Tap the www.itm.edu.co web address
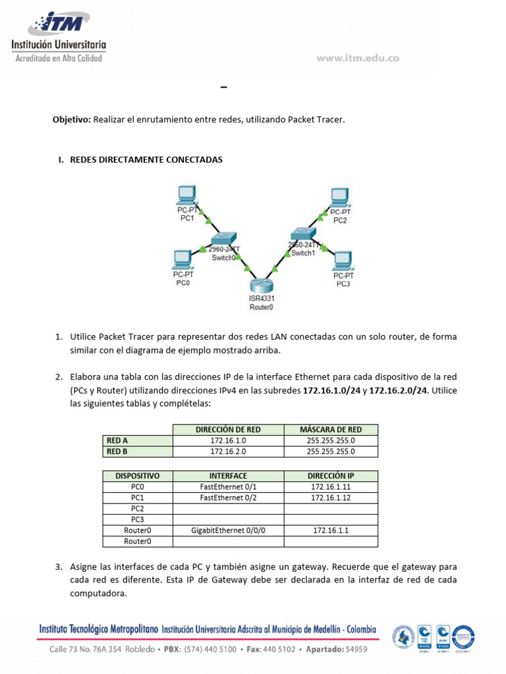[358, 58]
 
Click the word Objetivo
[71, 120]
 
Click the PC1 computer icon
[187, 195]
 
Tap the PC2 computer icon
[340, 197]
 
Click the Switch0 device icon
[224, 240]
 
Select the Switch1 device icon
[304, 234]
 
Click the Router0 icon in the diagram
[262, 284]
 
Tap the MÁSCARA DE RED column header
[331, 430]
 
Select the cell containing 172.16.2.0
[228, 452]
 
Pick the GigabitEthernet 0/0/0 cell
[228, 530]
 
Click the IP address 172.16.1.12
[331, 498]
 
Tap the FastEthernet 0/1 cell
[228, 486]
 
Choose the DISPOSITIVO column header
[138, 475]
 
